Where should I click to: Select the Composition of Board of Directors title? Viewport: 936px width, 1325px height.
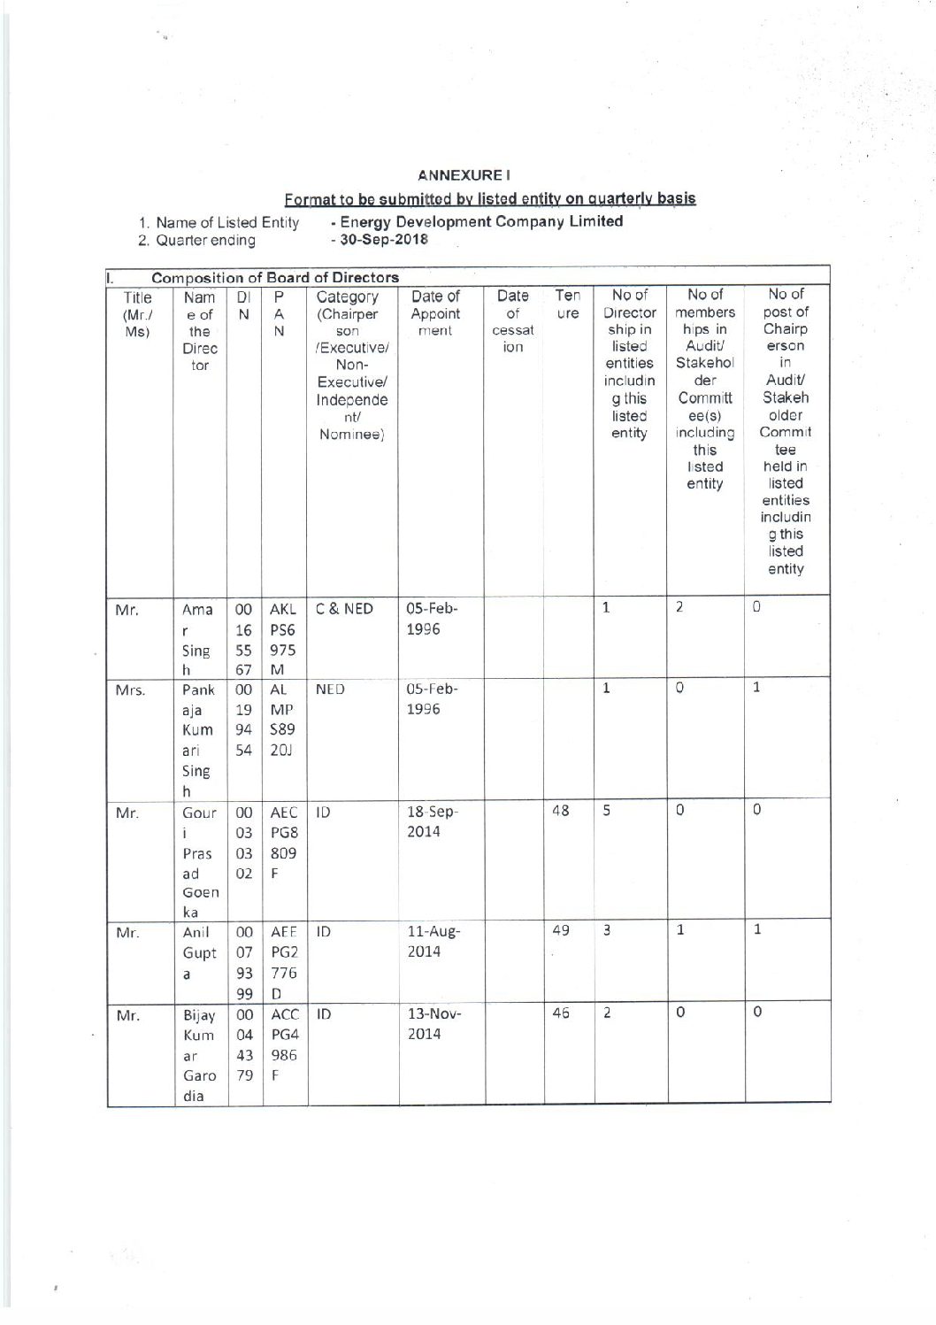pyautogui.click(x=274, y=278)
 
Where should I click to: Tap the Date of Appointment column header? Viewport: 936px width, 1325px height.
pyautogui.click(x=435, y=313)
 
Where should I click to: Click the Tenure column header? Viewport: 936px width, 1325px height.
pyautogui.click(x=567, y=304)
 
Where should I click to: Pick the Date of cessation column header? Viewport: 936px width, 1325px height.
pyautogui.click(x=513, y=320)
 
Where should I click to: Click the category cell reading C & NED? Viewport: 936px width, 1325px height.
pyautogui.click(x=345, y=609)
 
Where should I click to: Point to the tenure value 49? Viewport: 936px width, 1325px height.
pyautogui.click(x=560, y=930)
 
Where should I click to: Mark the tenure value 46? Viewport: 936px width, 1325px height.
pyautogui.click(x=560, y=1013)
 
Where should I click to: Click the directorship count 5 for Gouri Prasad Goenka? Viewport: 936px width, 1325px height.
pyautogui.click(x=607, y=810)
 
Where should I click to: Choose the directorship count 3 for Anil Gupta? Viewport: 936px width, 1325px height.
pyautogui.click(x=607, y=930)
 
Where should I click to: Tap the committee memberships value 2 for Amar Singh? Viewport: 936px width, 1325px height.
pyautogui.click(x=679, y=608)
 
